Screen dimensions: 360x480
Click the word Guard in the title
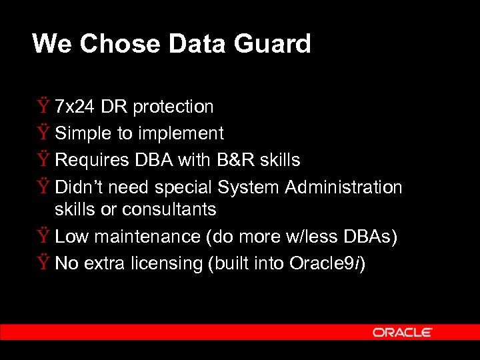(x=279, y=44)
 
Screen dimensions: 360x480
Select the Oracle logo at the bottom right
(x=402, y=332)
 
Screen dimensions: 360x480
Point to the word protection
(x=173, y=107)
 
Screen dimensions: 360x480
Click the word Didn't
(x=79, y=187)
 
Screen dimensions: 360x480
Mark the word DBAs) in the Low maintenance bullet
(x=373, y=237)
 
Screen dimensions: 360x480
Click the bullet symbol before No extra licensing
(x=43, y=264)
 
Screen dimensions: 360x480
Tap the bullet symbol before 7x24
(x=43, y=107)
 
